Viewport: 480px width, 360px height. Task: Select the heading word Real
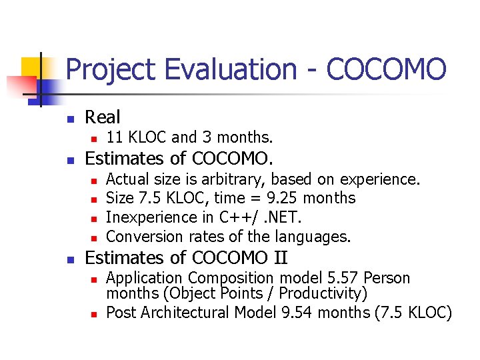pyautogui.click(x=103, y=117)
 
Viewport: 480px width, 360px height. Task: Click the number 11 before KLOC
pyautogui.click(x=114, y=138)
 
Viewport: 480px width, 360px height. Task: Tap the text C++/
pyautogui.click(x=233, y=217)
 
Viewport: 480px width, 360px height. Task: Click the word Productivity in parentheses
pyautogui.click(x=321, y=293)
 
